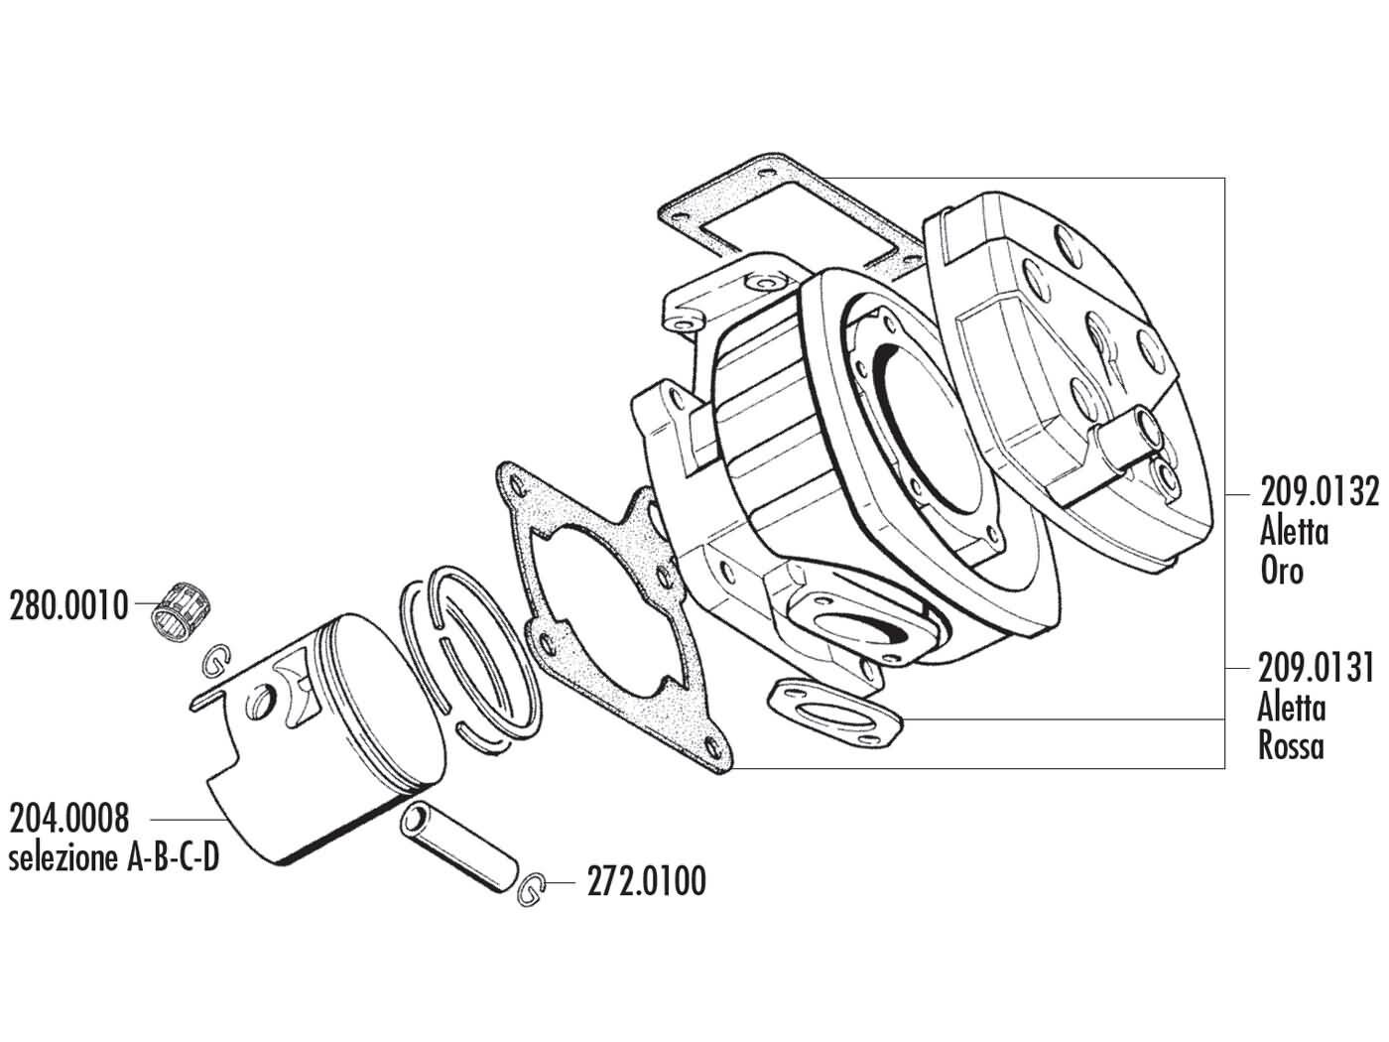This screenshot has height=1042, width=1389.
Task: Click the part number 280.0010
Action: [68, 604]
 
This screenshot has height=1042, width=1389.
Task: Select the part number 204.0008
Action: [68, 820]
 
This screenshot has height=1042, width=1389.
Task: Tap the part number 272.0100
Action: [646, 881]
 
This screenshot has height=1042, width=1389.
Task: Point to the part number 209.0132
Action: [1319, 493]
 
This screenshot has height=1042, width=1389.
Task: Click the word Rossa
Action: [1291, 745]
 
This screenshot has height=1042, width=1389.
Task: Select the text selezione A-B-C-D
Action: [113, 857]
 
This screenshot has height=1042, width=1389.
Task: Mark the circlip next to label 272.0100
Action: [533, 890]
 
